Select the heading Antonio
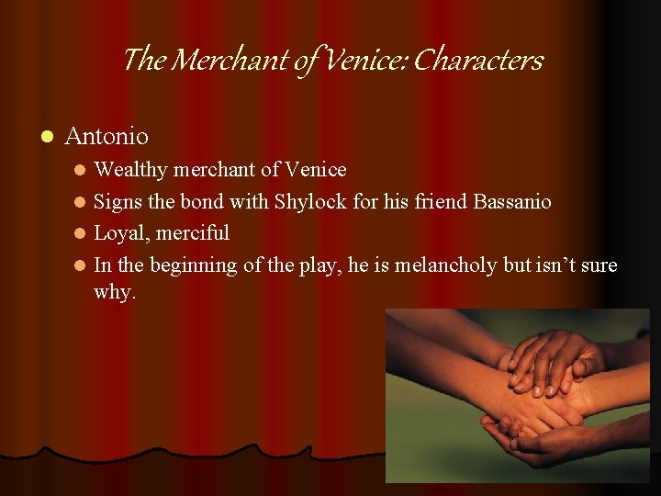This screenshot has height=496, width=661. coord(106,137)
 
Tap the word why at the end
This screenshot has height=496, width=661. coord(114,293)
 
